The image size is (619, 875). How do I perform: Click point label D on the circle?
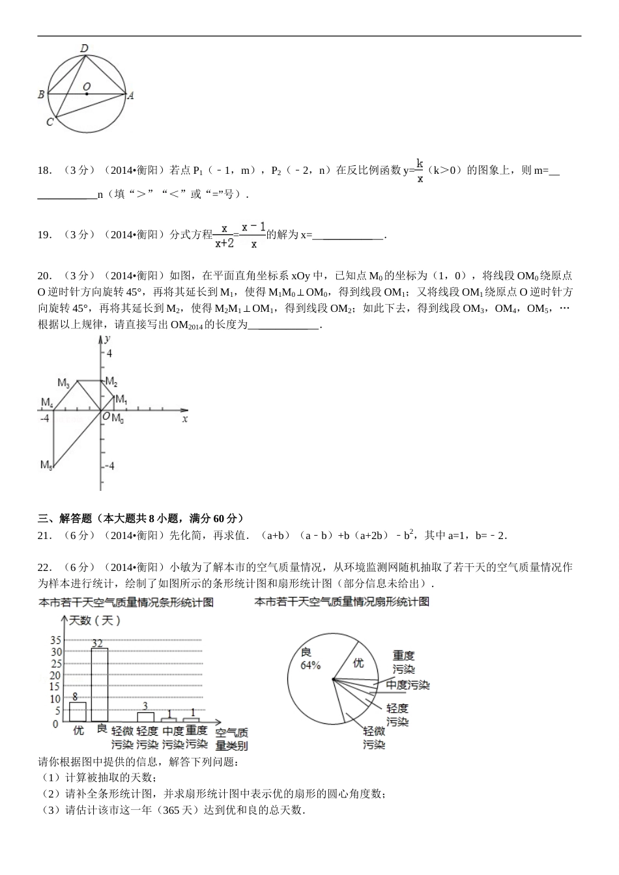[84, 48]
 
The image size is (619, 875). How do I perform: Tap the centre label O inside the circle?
[87, 86]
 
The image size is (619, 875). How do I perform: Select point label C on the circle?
[50, 122]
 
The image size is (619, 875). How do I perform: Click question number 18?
[44, 171]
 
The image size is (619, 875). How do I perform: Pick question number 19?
[44, 235]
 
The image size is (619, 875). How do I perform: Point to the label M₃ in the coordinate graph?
[63, 383]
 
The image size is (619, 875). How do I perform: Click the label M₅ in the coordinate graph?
[46, 465]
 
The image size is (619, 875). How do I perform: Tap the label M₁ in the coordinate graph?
[121, 398]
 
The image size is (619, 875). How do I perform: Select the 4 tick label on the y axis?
[109, 354]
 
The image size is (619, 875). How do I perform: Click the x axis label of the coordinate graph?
[185, 419]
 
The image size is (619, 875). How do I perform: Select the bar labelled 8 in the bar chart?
[78, 712]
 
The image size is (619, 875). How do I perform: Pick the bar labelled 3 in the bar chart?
[145, 717]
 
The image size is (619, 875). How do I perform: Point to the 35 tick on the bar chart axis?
[55, 641]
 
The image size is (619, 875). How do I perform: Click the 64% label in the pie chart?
[310, 665]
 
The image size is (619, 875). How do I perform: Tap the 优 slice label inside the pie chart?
[358, 663]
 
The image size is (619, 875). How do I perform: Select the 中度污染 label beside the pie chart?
[407, 685]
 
